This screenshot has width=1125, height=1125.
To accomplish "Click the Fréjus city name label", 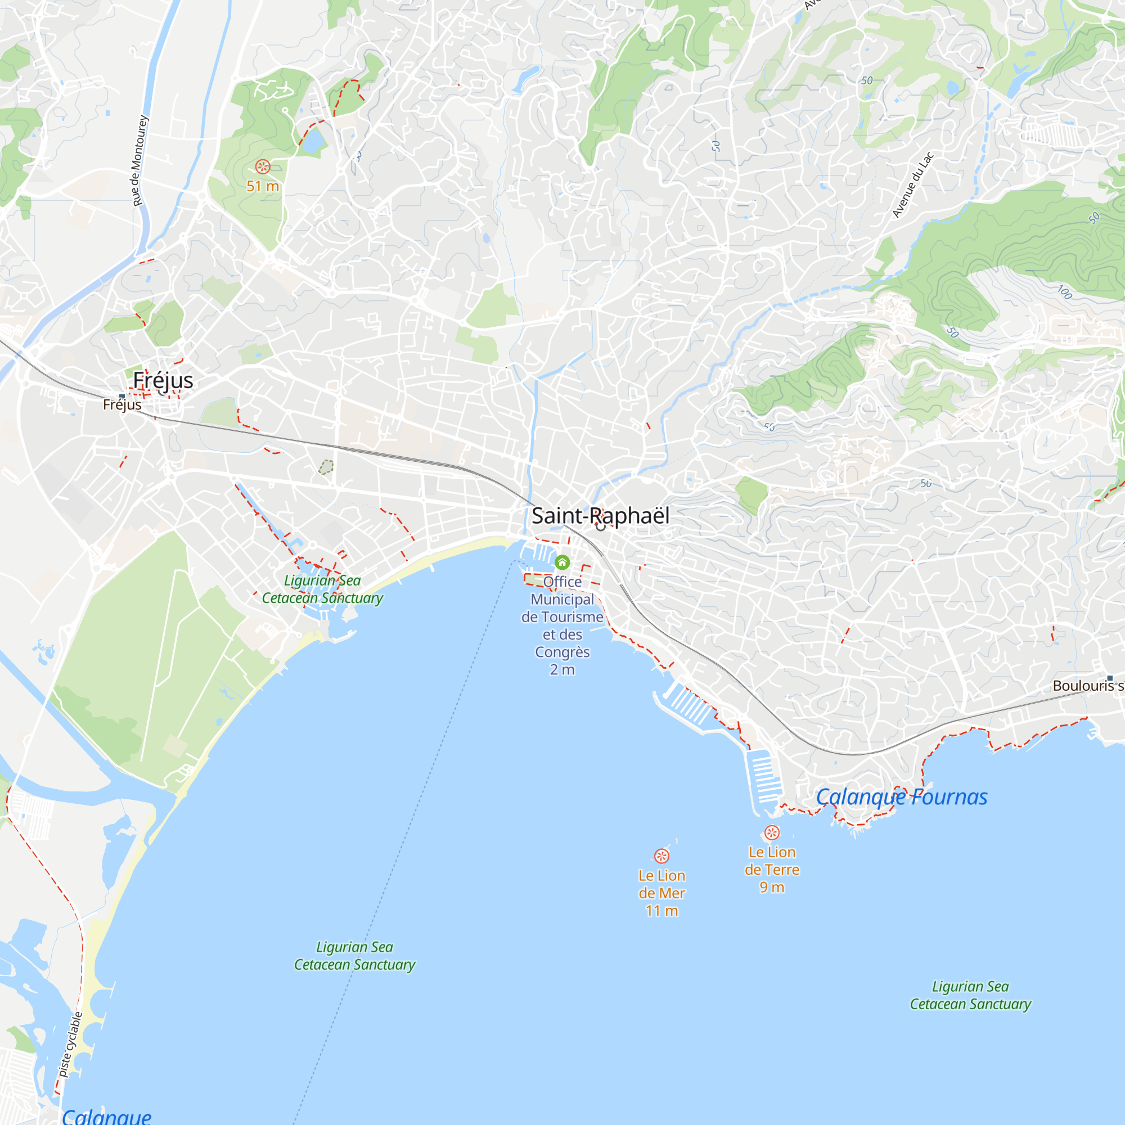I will click(x=163, y=380).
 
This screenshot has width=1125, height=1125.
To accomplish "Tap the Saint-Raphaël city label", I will click(x=600, y=515).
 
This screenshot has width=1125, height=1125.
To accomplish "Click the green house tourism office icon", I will click(x=562, y=562).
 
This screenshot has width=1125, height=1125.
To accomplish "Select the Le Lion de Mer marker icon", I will click(x=661, y=856).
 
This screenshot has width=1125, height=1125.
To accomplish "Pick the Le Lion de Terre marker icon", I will click(x=772, y=832).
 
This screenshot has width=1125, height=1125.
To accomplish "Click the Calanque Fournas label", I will click(x=901, y=796).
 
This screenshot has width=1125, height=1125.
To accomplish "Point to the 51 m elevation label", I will click(x=263, y=186).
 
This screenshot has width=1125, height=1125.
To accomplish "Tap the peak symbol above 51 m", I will click(x=263, y=167).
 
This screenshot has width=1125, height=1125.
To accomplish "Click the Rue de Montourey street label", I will click(x=139, y=161).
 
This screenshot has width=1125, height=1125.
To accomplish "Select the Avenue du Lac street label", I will click(x=913, y=184).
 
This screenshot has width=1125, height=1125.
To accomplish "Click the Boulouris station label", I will click(x=1087, y=685).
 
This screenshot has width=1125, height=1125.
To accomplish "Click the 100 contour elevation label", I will click(x=1064, y=292).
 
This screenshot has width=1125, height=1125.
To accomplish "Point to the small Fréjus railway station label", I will click(x=122, y=404).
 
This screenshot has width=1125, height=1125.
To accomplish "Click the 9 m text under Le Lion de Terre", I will click(x=772, y=887).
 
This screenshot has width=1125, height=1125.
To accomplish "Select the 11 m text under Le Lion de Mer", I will click(x=661, y=910).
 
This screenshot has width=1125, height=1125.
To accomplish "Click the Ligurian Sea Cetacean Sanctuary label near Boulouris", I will click(x=970, y=994).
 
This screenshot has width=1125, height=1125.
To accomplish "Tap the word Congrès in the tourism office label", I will click(x=562, y=651).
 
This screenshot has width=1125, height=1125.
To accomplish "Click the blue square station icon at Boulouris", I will click(x=1110, y=678).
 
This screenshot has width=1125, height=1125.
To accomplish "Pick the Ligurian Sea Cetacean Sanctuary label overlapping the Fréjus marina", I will click(x=322, y=589).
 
